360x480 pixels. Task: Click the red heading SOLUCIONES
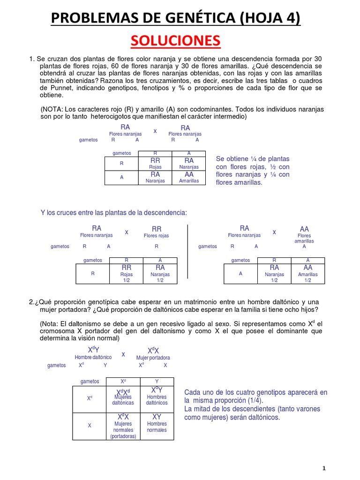pos(175,41)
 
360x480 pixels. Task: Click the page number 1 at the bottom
pos(323,469)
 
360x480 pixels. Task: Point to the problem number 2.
pos(31,301)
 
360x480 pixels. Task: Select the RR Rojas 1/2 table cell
pos(126,273)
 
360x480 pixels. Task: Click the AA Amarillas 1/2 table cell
pos(307,273)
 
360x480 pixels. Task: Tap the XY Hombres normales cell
pos(157,424)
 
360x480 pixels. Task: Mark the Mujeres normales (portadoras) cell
pos(123,426)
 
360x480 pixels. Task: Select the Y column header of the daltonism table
pos(157,382)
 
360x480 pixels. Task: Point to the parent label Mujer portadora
pos(153,358)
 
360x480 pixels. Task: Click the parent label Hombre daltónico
pos(93,357)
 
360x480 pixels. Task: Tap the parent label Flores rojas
pos(157,235)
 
